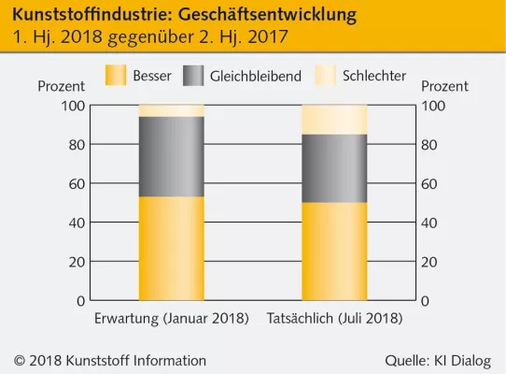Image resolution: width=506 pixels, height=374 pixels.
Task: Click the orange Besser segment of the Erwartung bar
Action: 172,249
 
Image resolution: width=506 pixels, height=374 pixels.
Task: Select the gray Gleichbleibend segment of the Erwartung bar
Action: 172,156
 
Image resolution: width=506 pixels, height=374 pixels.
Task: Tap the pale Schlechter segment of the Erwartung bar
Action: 172,110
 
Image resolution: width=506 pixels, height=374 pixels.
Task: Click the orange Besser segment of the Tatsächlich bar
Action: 334,252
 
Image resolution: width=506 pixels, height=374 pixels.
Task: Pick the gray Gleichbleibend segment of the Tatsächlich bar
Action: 334,168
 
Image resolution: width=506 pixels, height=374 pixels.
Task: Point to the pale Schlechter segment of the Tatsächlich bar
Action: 334,120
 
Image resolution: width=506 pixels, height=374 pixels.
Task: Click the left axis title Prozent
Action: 62,86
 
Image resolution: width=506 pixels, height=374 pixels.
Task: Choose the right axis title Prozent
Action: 444,86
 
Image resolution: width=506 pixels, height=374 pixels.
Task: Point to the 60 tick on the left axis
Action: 75,183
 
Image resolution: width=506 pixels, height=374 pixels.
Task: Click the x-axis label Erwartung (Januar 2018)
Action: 172,319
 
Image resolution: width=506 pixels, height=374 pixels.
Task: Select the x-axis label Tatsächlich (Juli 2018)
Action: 334,319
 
